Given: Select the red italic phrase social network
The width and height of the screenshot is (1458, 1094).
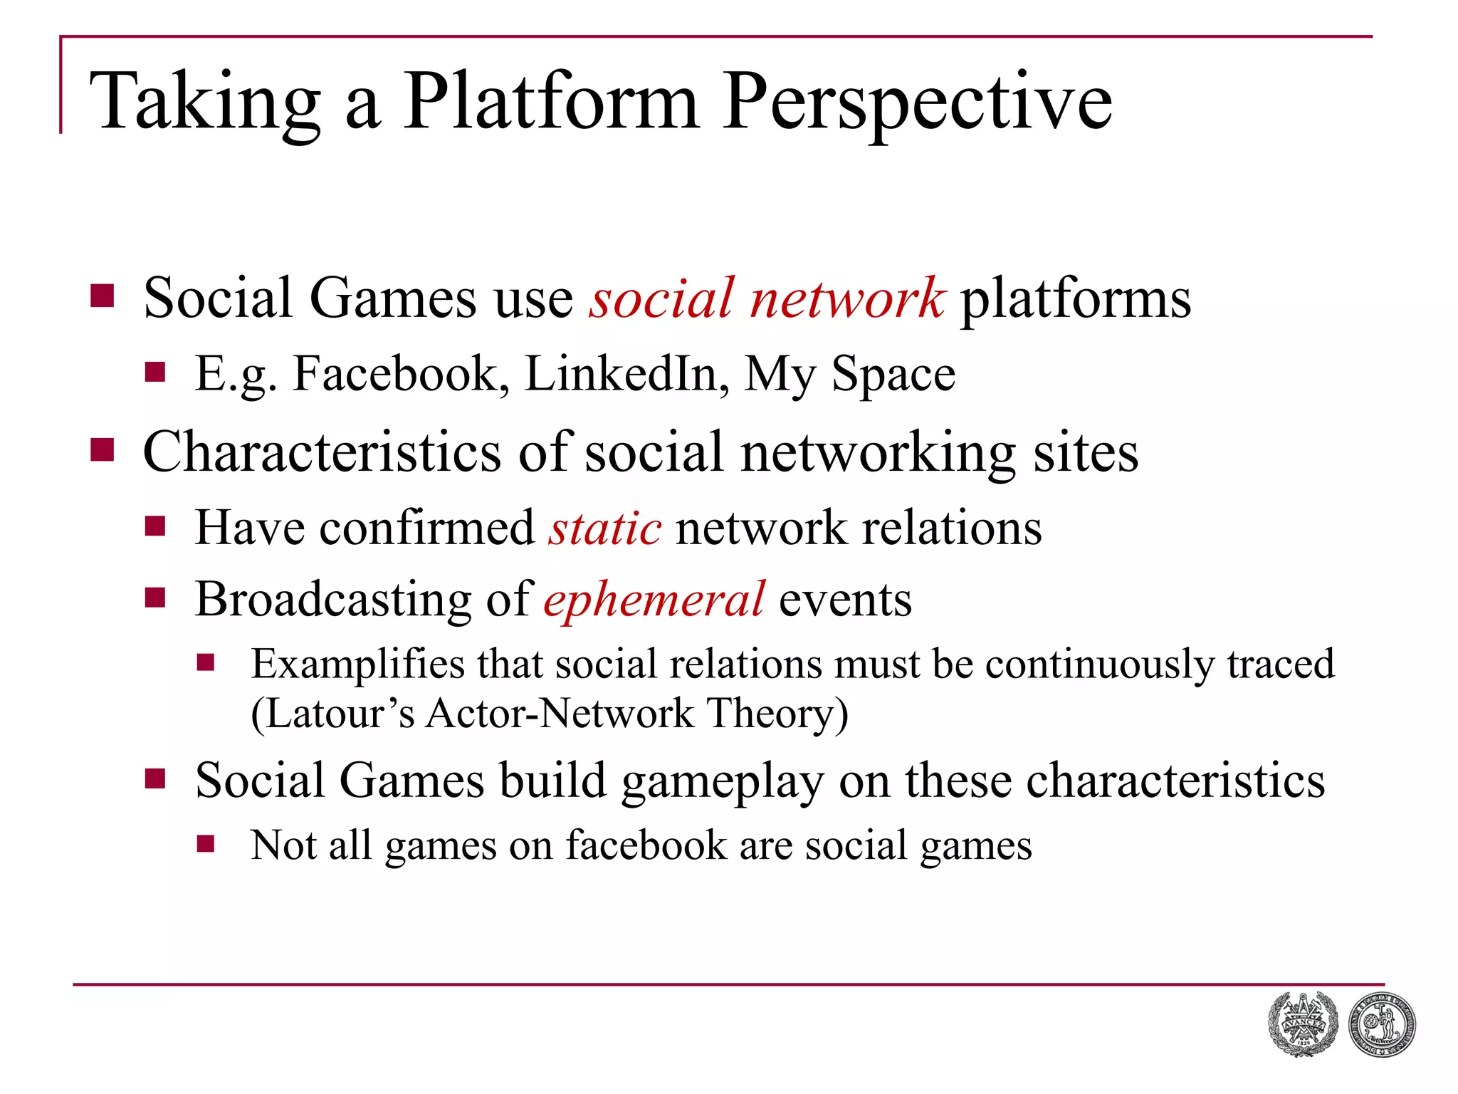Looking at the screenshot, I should (x=767, y=298).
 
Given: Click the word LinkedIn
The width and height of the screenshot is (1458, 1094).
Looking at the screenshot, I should (x=626, y=374).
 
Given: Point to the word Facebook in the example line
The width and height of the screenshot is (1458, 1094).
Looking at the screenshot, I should (x=401, y=374).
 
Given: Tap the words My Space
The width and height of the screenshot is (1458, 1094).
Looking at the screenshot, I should (x=849, y=374).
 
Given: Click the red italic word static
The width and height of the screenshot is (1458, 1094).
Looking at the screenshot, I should (x=604, y=528).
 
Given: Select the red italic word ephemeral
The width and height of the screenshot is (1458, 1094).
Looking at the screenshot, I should (x=654, y=600).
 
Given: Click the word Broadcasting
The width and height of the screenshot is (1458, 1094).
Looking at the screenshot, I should (x=332, y=600).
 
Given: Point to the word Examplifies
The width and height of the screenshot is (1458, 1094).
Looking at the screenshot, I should (x=357, y=665).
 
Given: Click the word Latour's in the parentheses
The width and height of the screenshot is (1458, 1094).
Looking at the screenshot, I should (x=333, y=713).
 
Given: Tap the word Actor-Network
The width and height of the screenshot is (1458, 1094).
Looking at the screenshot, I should (x=560, y=713).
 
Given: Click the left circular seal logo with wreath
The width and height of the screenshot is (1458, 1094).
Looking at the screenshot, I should (x=1302, y=1024).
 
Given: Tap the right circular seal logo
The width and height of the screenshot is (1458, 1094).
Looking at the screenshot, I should (x=1381, y=1024).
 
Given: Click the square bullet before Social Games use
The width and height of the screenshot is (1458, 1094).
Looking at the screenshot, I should (x=103, y=296).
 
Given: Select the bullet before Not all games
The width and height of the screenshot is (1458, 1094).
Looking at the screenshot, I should (x=206, y=844).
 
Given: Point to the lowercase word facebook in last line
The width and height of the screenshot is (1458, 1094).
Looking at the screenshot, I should (x=646, y=845).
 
